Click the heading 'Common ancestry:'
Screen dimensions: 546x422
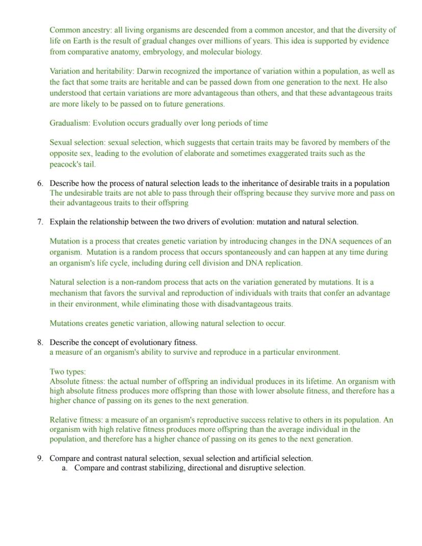click(81, 30)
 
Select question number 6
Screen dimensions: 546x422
click(40, 184)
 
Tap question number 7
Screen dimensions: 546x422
click(40, 222)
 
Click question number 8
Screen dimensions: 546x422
click(40, 343)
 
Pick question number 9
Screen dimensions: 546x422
click(40, 458)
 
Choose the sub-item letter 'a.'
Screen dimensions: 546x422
click(65, 468)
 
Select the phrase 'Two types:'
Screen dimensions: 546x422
click(68, 372)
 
